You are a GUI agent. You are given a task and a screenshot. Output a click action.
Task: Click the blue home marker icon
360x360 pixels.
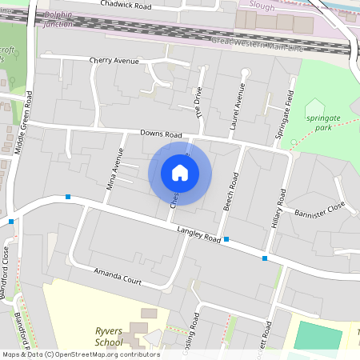180,173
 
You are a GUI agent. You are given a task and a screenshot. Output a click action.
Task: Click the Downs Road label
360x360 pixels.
161,134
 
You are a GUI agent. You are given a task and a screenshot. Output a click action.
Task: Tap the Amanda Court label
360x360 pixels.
118,277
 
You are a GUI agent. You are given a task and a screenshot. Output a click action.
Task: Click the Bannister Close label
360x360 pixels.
318,213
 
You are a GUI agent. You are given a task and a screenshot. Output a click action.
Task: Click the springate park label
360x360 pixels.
323,122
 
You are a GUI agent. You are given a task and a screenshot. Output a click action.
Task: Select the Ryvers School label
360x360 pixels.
109,338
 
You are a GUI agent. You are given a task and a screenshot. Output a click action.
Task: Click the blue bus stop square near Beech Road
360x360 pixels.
226,239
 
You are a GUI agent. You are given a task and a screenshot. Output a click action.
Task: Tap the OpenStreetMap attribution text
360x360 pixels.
81,354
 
